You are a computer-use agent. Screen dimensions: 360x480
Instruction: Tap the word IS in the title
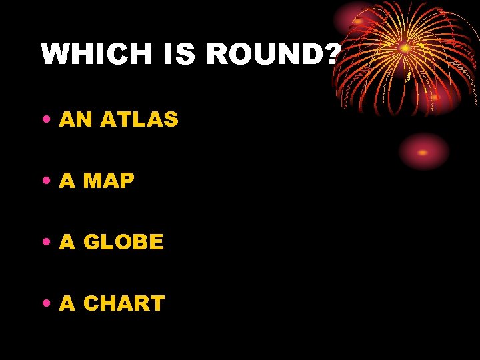click(179, 54)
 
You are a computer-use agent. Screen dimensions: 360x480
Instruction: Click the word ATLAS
click(139, 120)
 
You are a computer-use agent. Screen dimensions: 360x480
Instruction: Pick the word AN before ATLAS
click(76, 120)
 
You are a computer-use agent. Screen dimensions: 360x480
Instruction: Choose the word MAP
click(109, 181)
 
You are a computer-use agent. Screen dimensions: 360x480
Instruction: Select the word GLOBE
click(123, 242)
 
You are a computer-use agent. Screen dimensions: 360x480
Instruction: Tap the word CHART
click(124, 303)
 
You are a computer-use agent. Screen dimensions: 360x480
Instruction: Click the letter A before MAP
click(67, 181)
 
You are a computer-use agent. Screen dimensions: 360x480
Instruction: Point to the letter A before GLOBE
click(67, 242)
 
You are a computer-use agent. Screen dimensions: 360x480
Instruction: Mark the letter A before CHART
click(67, 303)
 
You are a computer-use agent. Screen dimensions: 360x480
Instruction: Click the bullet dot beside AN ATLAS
click(45, 121)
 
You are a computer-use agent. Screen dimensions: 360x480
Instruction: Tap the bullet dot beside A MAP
click(45, 181)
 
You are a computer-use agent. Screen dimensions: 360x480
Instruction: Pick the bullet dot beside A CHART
click(45, 304)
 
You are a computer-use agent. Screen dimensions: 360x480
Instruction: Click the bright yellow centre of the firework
click(405, 48)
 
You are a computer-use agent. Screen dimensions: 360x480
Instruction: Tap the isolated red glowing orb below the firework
click(423, 151)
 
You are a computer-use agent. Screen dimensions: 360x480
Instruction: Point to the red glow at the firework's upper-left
click(357, 20)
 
